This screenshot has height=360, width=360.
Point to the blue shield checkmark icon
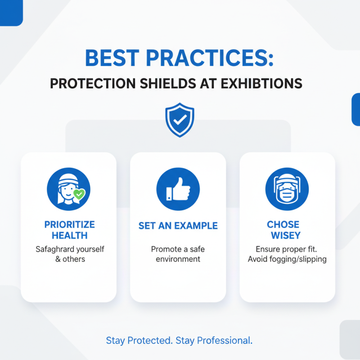180,120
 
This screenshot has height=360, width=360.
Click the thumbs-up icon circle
178,189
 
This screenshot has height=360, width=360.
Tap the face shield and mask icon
287,189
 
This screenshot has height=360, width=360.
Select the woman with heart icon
68,189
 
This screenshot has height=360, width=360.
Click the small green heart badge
79,194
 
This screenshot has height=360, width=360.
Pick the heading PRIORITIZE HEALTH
69,230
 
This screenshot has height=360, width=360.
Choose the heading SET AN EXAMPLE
178,226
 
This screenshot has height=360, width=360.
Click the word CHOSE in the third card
283,225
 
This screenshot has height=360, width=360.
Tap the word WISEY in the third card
283,235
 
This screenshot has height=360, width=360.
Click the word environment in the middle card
178,259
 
